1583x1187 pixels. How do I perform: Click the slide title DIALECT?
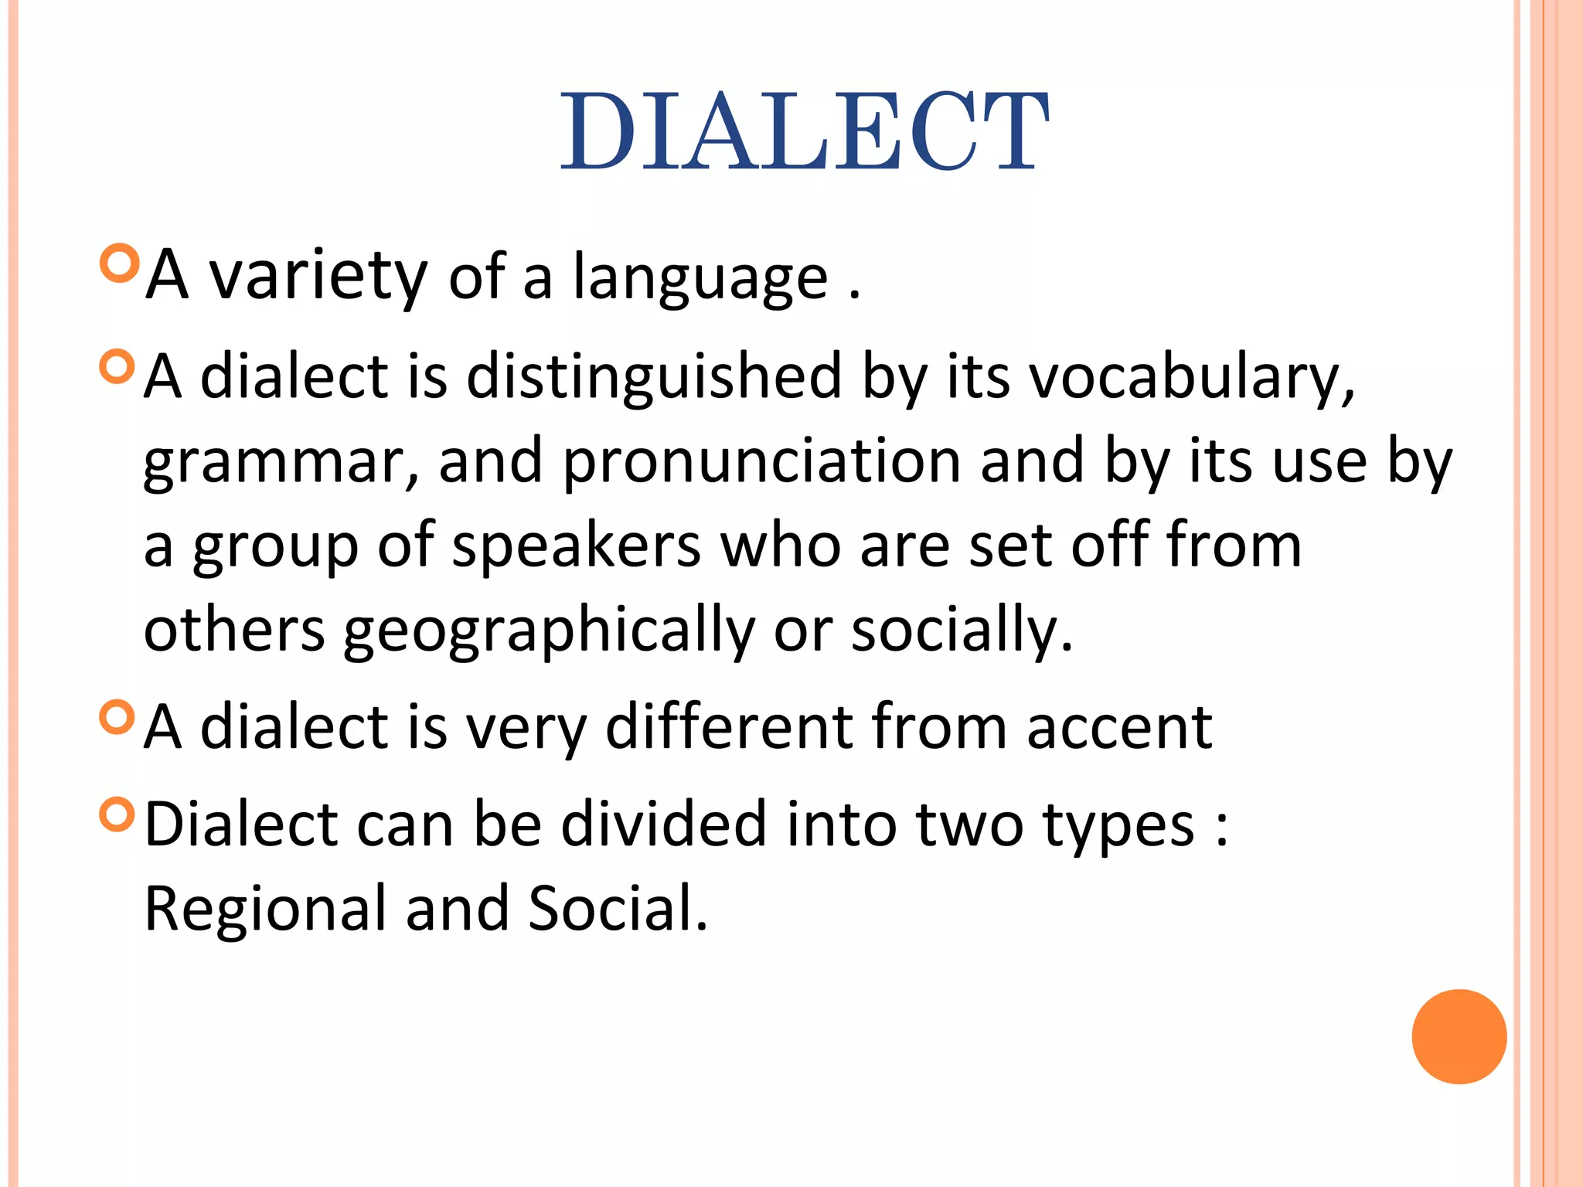tap(804, 131)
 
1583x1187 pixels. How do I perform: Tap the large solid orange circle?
tap(1459, 1036)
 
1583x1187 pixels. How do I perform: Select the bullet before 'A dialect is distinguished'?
tap(117, 366)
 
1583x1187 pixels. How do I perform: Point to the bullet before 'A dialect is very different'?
tap(117, 716)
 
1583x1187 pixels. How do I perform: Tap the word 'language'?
tap(700, 278)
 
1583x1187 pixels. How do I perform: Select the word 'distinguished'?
tap(654, 377)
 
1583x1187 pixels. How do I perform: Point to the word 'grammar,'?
tap(281, 464)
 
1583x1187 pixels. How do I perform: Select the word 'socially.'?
tap(962, 631)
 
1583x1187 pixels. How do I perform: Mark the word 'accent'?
tap(1119, 728)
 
